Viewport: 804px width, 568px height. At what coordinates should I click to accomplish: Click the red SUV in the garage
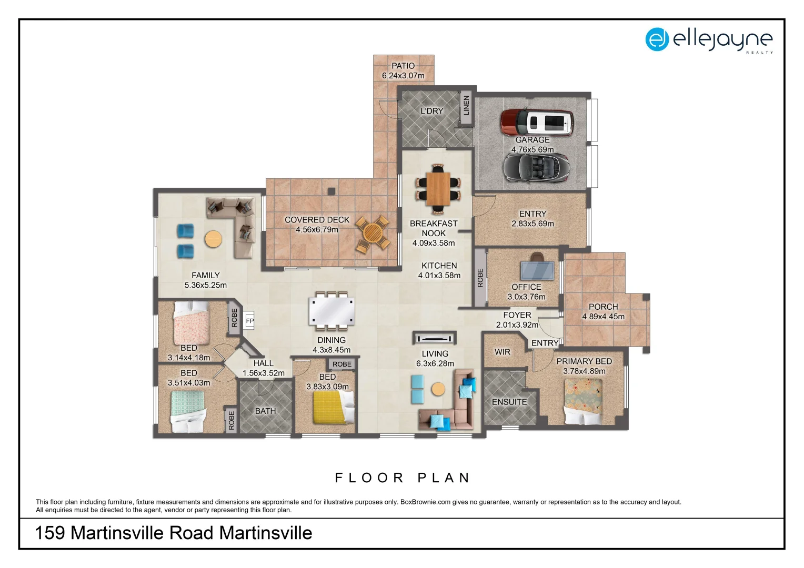click(x=537, y=122)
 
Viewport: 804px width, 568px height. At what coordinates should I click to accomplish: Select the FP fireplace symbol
click(x=249, y=320)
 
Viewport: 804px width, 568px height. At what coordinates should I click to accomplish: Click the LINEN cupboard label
click(x=466, y=106)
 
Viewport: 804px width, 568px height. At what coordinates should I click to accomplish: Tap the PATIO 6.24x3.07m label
click(x=403, y=70)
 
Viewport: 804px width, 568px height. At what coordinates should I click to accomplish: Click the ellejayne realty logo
click(x=709, y=39)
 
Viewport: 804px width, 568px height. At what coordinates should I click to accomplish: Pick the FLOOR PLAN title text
click(x=403, y=478)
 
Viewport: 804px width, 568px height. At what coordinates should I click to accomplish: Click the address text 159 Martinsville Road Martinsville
click(x=173, y=533)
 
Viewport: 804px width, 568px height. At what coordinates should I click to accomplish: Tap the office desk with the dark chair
click(x=537, y=269)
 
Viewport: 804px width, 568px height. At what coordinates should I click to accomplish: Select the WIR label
click(x=502, y=352)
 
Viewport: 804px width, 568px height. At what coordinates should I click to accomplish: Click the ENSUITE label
click(x=509, y=402)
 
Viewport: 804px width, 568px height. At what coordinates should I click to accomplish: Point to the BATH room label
click(x=265, y=411)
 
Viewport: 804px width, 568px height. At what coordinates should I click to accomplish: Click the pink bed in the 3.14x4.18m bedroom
click(x=191, y=323)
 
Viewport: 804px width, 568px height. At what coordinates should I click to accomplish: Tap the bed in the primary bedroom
click(x=584, y=402)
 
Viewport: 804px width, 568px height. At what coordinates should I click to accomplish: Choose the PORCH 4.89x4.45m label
click(x=603, y=311)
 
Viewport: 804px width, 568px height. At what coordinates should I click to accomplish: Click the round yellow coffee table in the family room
click(x=213, y=239)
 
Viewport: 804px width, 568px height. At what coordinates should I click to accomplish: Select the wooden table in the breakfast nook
click(x=438, y=189)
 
